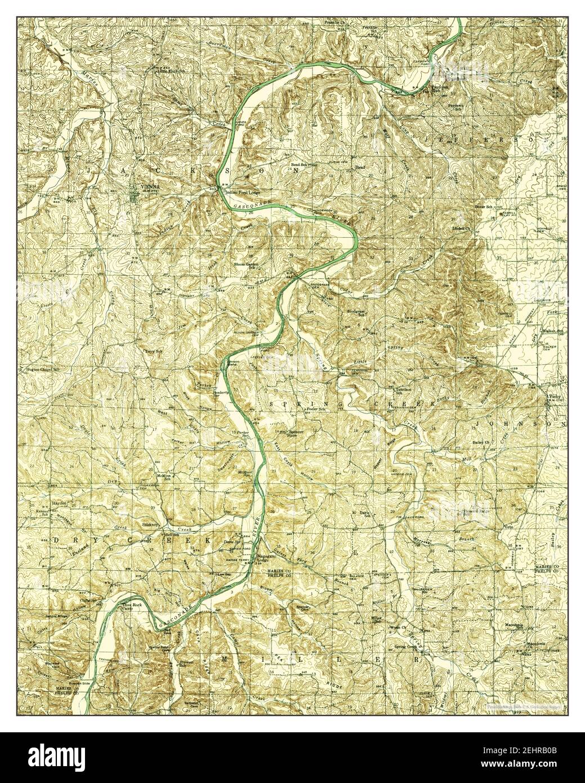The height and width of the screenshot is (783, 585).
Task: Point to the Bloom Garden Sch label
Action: click(x=246, y=265)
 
